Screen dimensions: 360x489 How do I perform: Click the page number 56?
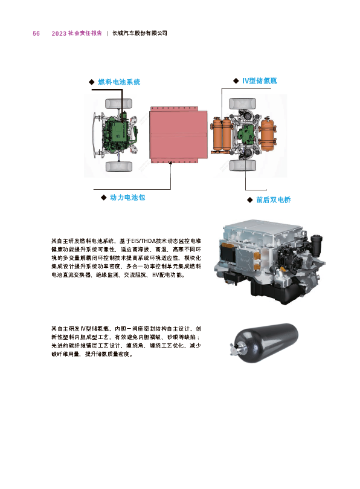click(36, 33)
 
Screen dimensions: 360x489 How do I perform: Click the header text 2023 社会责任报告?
click(77, 33)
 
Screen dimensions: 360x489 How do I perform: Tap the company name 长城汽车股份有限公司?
click(140, 33)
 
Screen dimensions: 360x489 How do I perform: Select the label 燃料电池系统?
click(119, 82)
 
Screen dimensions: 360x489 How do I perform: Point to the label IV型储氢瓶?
click(260, 81)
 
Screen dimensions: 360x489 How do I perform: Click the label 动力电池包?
click(127, 198)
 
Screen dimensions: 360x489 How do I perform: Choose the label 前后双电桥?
click(274, 199)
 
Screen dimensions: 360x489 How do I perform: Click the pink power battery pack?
click(178, 135)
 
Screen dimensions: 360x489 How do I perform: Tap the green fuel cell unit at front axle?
click(115, 132)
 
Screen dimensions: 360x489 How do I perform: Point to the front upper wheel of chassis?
click(119, 103)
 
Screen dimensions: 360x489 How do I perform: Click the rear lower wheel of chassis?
click(243, 165)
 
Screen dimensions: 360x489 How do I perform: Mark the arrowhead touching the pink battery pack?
click(170, 163)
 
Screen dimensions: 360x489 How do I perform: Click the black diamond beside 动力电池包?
click(104, 198)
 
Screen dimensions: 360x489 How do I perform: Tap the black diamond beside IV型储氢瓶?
click(236, 81)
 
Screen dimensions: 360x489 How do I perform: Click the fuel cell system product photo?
click(269, 261)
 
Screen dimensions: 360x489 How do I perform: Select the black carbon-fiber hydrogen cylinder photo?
click(264, 343)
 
